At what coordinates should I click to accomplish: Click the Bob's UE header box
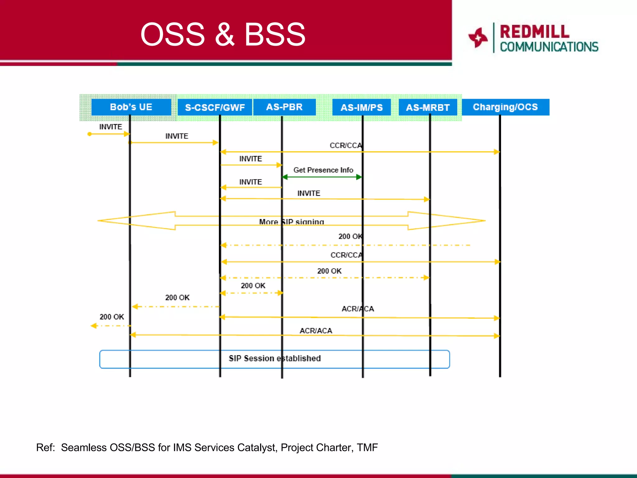(x=131, y=107)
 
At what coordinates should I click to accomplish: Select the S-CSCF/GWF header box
(x=215, y=107)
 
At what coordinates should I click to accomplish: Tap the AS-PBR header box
(x=284, y=107)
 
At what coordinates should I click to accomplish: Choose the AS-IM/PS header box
(x=361, y=107)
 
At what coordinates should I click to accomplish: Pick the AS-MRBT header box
(x=428, y=107)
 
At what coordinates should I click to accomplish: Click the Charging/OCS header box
(x=505, y=107)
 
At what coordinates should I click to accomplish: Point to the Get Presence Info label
(x=323, y=170)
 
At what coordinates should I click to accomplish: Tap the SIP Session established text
(x=275, y=358)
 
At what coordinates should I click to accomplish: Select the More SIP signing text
(x=291, y=222)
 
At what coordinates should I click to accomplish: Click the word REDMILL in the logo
(x=534, y=32)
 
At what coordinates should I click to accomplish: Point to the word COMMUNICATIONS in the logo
(x=549, y=47)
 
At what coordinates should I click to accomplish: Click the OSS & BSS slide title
(x=223, y=34)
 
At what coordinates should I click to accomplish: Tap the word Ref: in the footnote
(x=45, y=448)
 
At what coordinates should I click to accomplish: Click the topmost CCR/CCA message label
(x=346, y=145)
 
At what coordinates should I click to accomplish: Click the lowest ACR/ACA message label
(x=316, y=330)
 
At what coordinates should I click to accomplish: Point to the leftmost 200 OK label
(x=112, y=317)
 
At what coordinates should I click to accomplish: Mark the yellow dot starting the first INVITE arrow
(x=90, y=134)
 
